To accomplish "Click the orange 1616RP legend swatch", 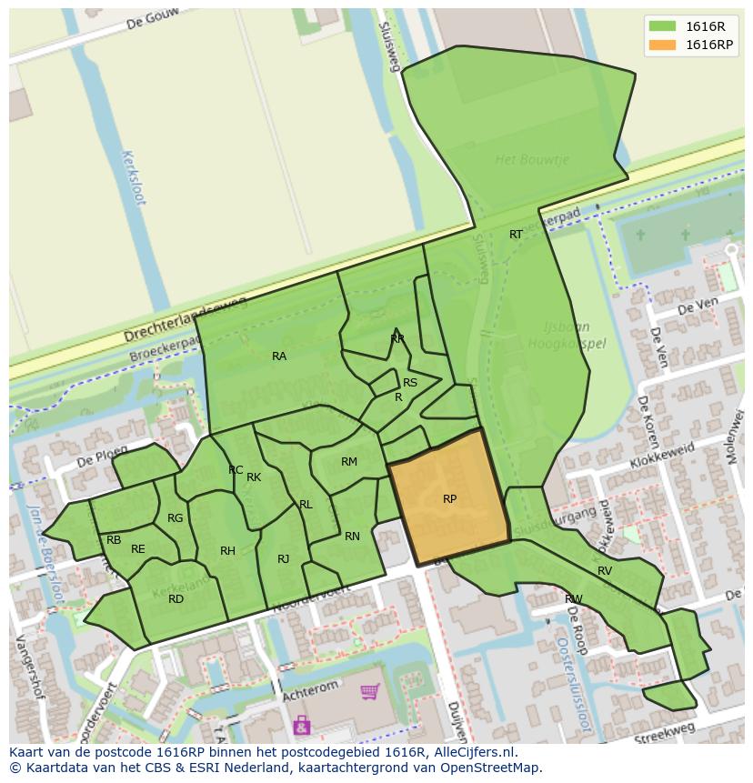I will [x=662, y=45].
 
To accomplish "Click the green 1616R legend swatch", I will [x=662, y=26].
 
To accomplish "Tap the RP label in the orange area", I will [x=449, y=499].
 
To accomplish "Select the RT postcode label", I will [x=516, y=235].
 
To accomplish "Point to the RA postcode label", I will [x=279, y=356].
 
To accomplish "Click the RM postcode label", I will [x=349, y=462].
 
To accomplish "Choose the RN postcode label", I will [x=352, y=537].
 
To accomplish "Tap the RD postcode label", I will [x=176, y=598].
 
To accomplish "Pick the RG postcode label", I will [x=176, y=518].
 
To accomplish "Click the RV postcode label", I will [x=605, y=571].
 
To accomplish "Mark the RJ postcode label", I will [x=283, y=559].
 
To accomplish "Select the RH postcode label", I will [x=227, y=551].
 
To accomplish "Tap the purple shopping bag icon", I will [x=301, y=725].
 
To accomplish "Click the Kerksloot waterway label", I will [x=133, y=177].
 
